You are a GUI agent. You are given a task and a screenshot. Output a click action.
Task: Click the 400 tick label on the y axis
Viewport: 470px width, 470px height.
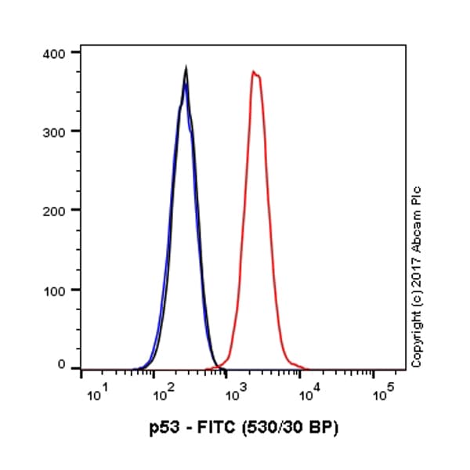pyautogui.click(x=58, y=52)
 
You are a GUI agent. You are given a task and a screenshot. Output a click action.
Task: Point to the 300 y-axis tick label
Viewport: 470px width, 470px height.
pyautogui.click(x=58, y=131)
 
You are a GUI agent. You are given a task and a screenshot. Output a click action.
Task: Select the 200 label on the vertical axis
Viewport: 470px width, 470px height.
pyautogui.click(x=58, y=210)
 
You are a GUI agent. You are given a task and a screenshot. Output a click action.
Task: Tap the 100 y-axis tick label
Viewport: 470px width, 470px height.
pyautogui.click(x=58, y=290)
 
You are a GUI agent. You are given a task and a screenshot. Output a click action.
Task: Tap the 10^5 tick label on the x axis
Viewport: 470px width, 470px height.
pyautogui.click(x=381, y=393)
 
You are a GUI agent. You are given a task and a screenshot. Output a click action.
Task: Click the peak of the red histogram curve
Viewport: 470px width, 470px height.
pyautogui.click(x=254, y=71)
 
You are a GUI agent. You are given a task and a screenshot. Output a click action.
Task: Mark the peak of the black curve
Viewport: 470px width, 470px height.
pyautogui.click(x=186, y=67)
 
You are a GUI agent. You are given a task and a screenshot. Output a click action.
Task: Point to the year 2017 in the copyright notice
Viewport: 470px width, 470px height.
pyautogui.click(x=417, y=273)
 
